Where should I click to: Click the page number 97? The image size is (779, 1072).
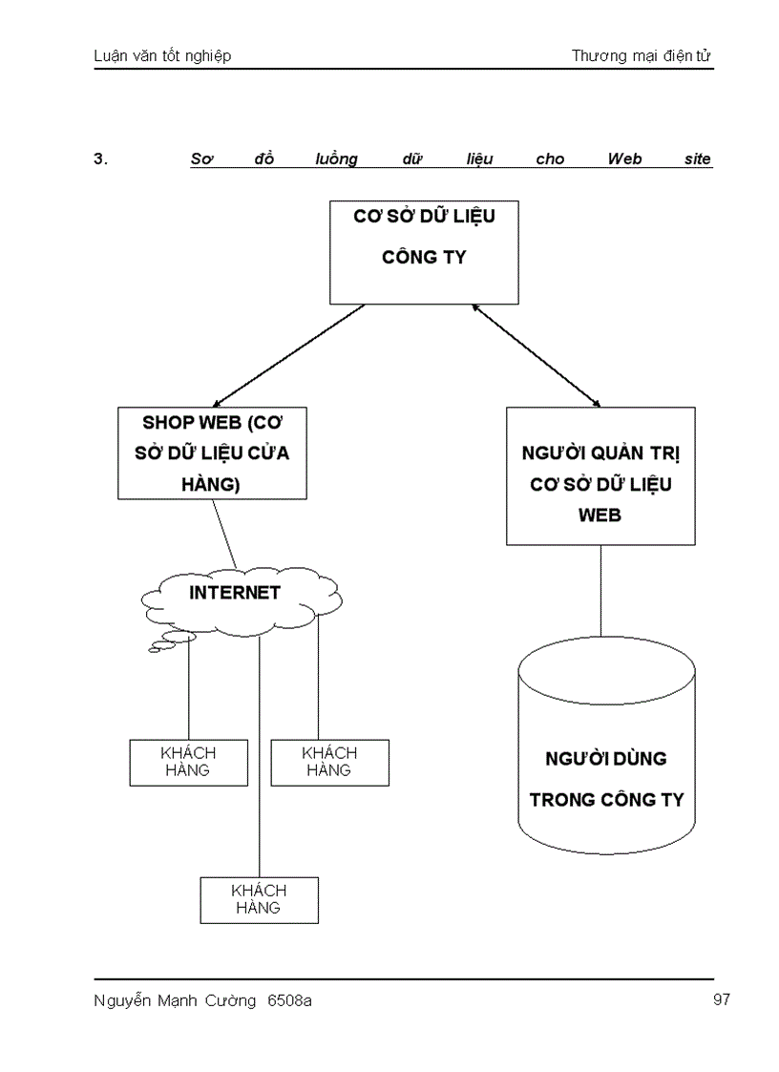point(721,1000)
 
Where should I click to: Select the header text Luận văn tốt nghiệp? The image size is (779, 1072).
point(162,56)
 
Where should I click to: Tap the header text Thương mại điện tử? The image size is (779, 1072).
point(642,56)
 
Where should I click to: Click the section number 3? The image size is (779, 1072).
point(100,159)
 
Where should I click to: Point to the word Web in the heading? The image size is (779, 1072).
point(624,159)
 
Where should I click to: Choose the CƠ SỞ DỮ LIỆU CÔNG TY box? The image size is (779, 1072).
point(424,252)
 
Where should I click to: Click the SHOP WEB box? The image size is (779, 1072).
point(212,453)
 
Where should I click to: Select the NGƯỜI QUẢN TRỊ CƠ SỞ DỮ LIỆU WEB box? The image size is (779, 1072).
point(600,476)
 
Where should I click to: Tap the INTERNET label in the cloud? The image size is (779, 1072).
point(235,593)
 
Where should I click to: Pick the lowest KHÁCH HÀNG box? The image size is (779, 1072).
point(259,900)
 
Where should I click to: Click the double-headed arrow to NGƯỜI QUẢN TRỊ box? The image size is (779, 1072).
point(537,355)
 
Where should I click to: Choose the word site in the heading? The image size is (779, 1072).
point(698,159)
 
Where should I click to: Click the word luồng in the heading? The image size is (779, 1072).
point(336,159)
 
